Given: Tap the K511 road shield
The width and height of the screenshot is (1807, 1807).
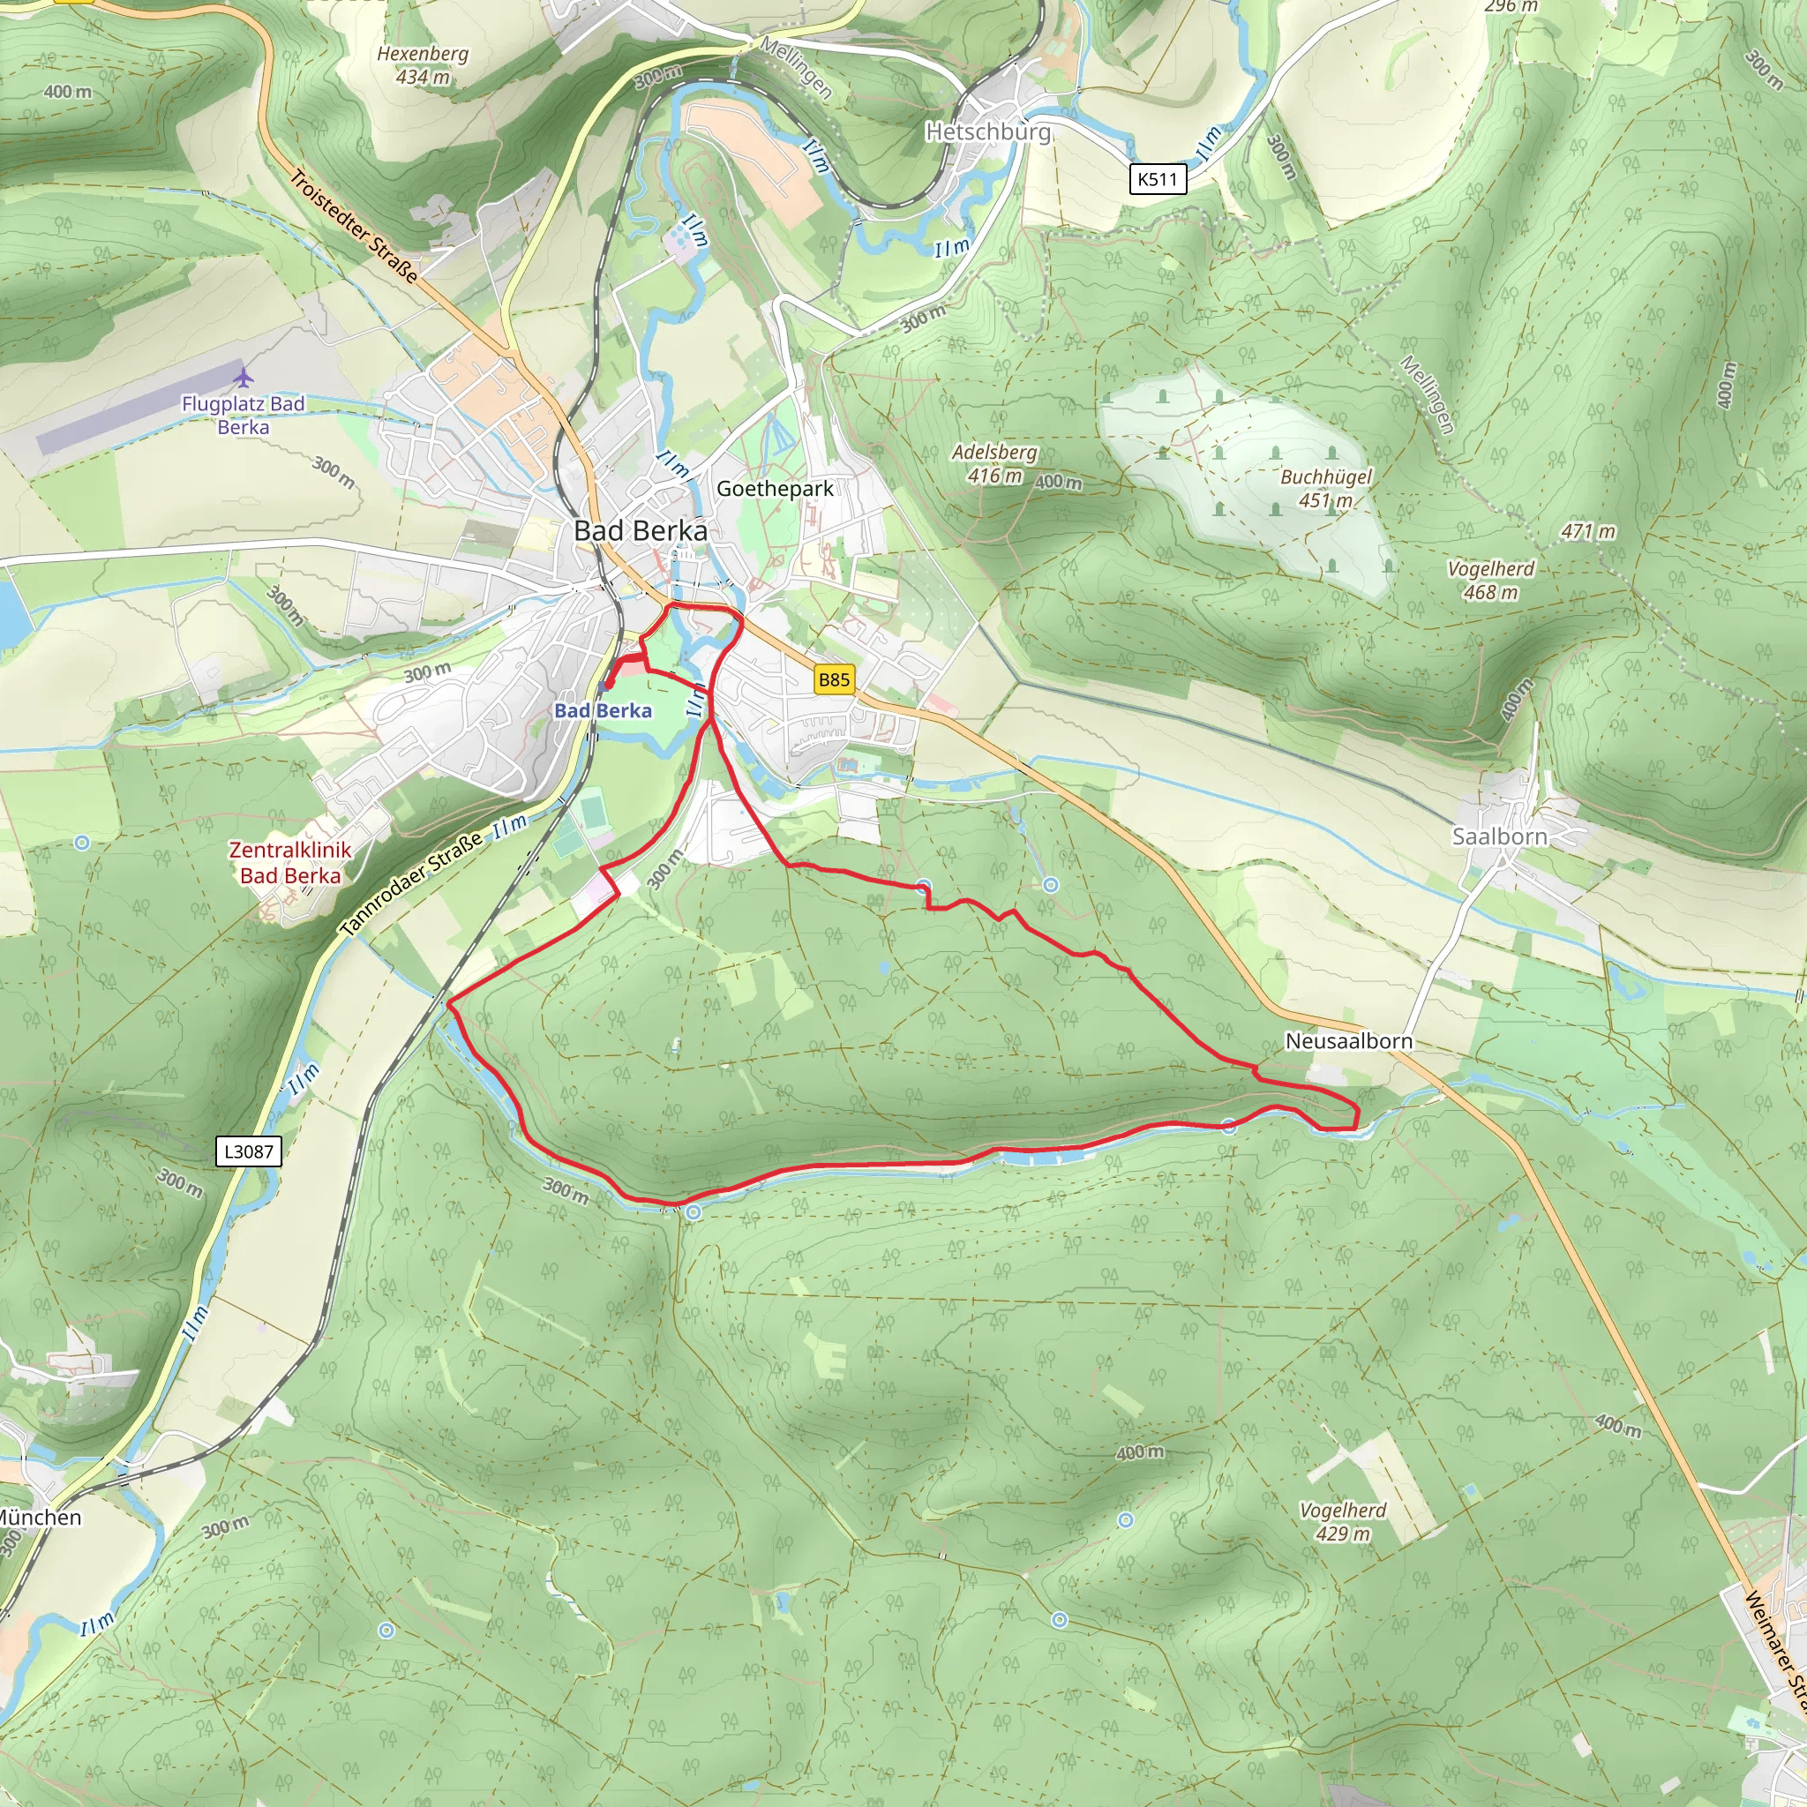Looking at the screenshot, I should tap(1157, 178).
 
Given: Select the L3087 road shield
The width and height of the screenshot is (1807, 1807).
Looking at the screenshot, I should tap(248, 1151).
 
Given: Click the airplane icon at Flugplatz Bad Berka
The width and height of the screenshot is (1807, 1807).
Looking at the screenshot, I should tap(244, 378).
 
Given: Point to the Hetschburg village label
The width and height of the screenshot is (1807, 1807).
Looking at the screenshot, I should tap(987, 131).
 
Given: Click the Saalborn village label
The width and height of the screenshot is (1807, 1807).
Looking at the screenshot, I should tap(1499, 836).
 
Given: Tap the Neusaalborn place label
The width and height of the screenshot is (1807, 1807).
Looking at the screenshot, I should tap(1348, 1041).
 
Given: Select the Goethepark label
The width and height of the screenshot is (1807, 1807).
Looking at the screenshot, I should tap(775, 488).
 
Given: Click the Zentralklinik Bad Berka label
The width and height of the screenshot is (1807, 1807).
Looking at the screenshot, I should tap(290, 862).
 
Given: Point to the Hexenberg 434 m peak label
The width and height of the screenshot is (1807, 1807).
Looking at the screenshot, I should tap(423, 65).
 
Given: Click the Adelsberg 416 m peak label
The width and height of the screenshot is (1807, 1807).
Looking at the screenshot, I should tap(994, 464).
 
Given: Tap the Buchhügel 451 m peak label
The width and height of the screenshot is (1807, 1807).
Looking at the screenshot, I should tap(1325, 488).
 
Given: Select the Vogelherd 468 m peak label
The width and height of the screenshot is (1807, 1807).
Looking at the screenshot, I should tap(1491, 580).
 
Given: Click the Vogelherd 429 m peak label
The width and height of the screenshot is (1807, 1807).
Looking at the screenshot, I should tap(1343, 1522).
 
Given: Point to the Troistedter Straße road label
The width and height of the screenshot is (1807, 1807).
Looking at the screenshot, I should tap(354, 225).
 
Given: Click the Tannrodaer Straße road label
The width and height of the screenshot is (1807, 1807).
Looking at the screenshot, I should tap(411, 883).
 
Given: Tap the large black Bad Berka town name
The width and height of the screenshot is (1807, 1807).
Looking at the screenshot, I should tap(641, 530).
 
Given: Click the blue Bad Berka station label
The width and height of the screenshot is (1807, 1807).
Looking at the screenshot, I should tap(604, 711).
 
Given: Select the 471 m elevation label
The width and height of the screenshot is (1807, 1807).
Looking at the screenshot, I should tap(1588, 531).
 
